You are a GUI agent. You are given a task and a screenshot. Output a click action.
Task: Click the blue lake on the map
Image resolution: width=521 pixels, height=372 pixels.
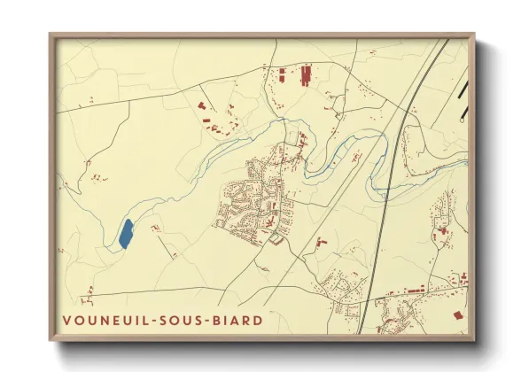click(126, 234)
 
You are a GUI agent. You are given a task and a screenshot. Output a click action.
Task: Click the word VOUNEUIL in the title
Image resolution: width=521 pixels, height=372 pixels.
click(103, 320)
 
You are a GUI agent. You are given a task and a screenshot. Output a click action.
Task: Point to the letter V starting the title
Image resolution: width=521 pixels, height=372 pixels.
click(67, 320)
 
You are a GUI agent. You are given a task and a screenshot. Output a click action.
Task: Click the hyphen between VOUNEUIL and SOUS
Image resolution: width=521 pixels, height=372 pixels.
click(148, 320)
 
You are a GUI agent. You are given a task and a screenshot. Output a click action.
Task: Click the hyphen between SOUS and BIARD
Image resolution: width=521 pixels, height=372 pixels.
click(211, 320)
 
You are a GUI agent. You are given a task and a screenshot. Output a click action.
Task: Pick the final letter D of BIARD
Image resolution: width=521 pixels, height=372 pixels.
click(258, 320)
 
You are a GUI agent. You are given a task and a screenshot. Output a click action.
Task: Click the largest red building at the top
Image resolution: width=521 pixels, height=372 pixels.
click(307, 74)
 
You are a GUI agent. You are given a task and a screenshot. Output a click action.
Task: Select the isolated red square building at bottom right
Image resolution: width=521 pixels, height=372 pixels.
click(458, 314)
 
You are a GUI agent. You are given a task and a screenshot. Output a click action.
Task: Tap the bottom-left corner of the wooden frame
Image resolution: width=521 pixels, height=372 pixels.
click(51, 339)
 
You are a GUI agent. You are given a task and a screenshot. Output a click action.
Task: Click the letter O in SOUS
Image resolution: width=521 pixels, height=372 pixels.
click(174, 320)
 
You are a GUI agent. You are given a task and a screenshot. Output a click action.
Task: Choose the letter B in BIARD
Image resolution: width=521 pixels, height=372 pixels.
click(222, 320)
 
